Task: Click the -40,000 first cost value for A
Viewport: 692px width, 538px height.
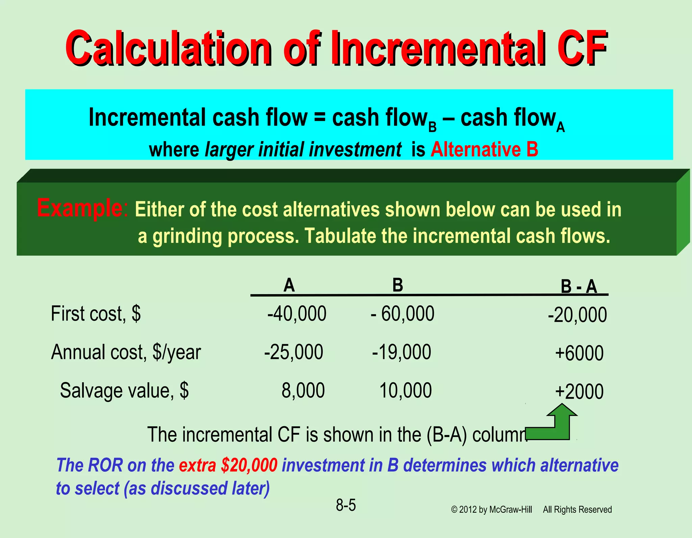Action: click(x=297, y=313)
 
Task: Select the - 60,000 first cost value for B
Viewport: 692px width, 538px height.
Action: click(x=402, y=313)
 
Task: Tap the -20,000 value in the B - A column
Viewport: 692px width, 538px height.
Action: click(x=577, y=315)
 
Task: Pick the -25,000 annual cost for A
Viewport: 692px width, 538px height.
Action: click(x=294, y=352)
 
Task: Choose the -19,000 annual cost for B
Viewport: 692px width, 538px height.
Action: click(x=401, y=352)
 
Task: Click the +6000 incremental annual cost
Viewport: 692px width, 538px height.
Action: click(x=579, y=353)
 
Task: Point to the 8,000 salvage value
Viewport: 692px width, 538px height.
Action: click(x=303, y=390)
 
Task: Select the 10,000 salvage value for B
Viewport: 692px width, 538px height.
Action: click(x=405, y=390)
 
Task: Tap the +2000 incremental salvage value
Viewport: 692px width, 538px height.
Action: click(x=579, y=392)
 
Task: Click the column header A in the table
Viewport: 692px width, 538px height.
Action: click(x=289, y=285)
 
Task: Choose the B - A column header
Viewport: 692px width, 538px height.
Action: click(x=579, y=287)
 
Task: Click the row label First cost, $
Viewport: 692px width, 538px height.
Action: click(x=96, y=313)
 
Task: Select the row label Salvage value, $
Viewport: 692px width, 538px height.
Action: click(x=124, y=390)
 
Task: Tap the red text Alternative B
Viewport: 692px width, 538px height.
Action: click(x=484, y=149)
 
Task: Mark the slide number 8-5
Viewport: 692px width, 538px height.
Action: click(x=346, y=505)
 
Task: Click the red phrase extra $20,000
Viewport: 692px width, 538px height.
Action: click(x=228, y=465)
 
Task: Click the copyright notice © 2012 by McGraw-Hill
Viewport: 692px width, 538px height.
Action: click(x=492, y=510)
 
